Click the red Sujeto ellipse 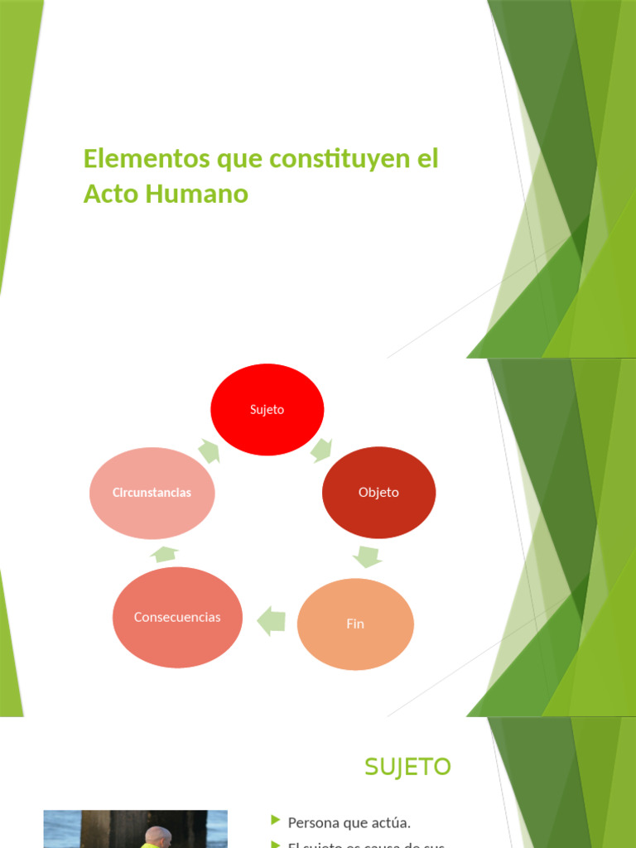267,409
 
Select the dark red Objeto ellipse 378,492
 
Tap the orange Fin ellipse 355,624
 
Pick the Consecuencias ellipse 177,617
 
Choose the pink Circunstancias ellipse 152,493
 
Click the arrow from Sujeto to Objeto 321,450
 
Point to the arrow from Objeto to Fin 367,556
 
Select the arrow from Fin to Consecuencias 271,621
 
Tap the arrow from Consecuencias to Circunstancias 166,554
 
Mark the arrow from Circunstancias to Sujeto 210,451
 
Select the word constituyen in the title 330,158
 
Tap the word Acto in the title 111,194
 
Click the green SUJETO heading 407,767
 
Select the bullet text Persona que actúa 349,822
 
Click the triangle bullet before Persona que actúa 275,821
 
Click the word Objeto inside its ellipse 378,492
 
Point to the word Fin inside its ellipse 355,624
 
